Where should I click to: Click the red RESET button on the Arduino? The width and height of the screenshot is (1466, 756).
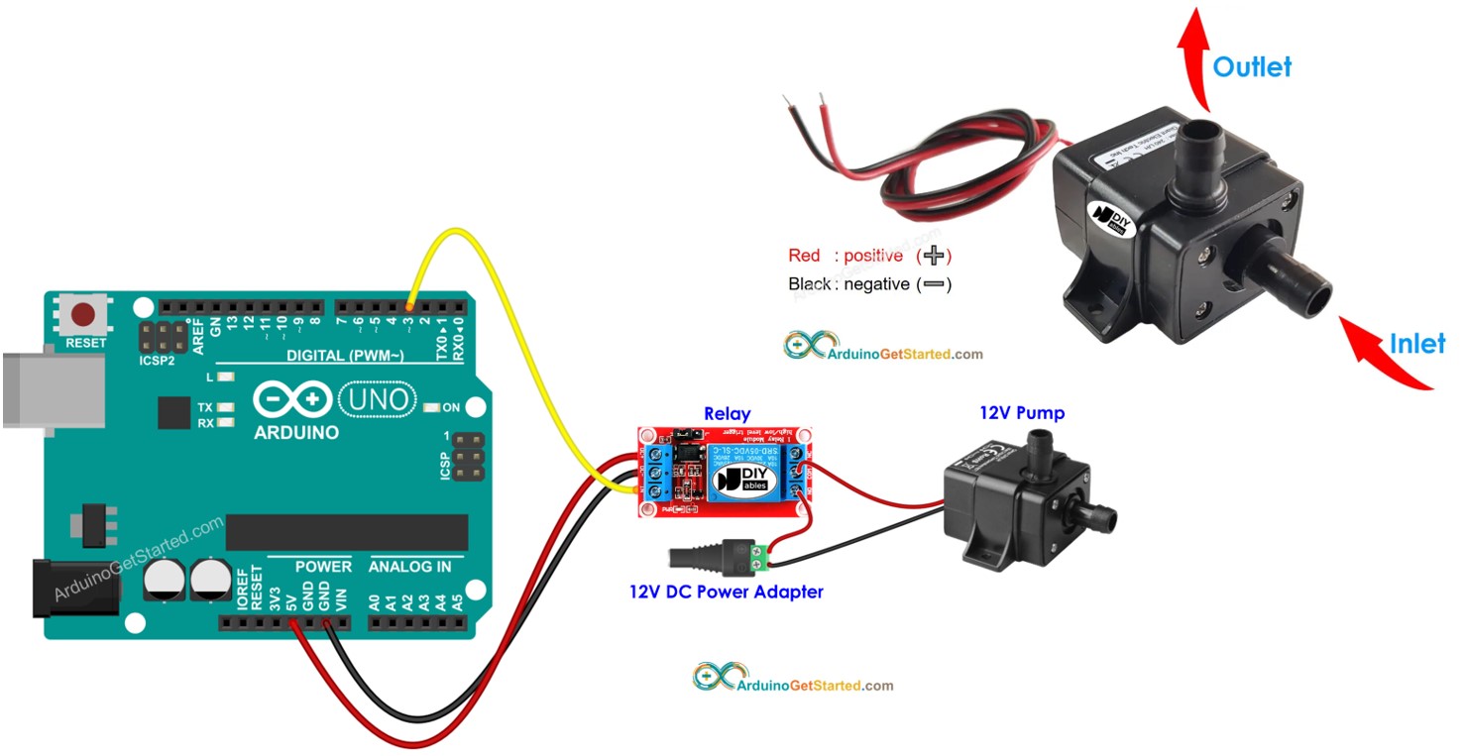coord(83,315)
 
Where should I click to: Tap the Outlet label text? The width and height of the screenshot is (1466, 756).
coord(1252,67)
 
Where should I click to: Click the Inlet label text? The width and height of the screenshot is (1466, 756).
coord(1416,344)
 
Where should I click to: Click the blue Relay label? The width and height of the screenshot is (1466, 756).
coord(727,414)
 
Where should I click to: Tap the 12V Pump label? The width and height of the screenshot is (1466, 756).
coord(1022,413)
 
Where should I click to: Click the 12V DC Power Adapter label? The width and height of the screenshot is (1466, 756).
coord(726,593)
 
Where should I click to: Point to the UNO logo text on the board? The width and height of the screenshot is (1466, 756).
coord(377,399)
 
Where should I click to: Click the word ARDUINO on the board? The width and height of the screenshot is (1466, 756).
coord(296,433)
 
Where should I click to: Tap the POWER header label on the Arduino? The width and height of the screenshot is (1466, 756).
coord(323,567)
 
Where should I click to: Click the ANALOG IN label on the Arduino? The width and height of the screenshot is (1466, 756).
coord(409,567)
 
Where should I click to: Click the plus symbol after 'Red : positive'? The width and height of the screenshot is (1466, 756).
coord(934,257)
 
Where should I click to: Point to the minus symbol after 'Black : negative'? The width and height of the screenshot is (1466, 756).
coord(934,284)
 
